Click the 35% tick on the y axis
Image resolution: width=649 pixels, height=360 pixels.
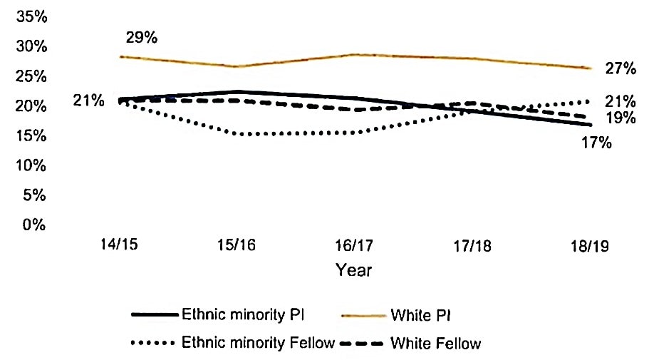tap(32, 16)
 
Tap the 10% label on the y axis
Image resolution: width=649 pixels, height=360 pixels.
tap(32, 165)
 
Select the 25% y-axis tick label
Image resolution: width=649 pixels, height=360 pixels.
tap(32, 76)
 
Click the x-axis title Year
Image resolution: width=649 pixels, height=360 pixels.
tap(354, 270)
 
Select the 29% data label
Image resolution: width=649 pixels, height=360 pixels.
tap(141, 37)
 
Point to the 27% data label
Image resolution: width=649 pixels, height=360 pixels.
tap(621, 68)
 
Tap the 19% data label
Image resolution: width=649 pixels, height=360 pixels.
tap(621, 118)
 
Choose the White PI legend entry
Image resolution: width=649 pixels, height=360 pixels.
tap(420, 314)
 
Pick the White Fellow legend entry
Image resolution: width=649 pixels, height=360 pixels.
tap(435, 344)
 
